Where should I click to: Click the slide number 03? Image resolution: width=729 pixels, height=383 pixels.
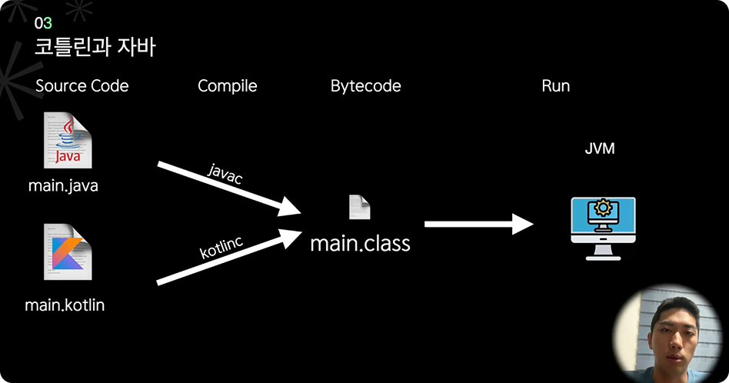(43, 24)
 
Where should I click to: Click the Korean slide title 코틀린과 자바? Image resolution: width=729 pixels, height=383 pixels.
(95, 48)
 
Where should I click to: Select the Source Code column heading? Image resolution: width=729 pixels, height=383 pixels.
(82, 86)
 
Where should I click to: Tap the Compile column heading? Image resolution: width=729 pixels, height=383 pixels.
(227, 86)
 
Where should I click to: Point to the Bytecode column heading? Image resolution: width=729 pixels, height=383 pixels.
(365, 86)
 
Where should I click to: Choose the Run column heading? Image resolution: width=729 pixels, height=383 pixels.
(555, 86)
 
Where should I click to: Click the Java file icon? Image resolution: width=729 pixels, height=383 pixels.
(68, 139)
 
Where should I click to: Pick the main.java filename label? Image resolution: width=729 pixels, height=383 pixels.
(63, 185)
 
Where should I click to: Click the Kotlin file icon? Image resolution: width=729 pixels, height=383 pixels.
(67, 251)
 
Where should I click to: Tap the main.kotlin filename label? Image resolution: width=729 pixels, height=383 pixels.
(65, 305)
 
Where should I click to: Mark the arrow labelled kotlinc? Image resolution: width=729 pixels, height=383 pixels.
(231, 258)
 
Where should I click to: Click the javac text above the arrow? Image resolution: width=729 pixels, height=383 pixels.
(225, 175)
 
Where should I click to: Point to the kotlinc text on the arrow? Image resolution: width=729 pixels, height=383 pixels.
(221, 248)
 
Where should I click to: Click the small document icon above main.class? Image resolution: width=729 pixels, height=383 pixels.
(360, 207)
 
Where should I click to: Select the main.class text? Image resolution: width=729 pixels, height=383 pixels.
(360, 244)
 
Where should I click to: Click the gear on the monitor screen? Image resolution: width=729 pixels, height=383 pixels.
(603, 208)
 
